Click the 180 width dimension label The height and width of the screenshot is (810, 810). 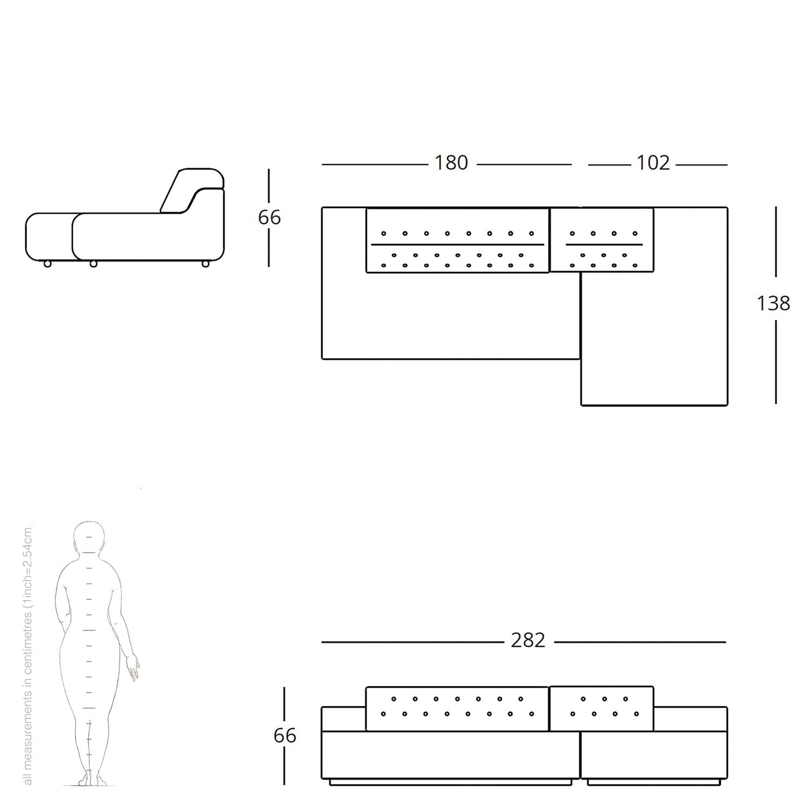(451, 163)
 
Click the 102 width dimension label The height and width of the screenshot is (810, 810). (653, 163)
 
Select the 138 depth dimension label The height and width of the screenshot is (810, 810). (773, 303)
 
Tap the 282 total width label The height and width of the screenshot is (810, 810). (528, 640)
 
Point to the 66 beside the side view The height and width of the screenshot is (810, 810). (269, 218)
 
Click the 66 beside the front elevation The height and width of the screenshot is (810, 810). (285, 736)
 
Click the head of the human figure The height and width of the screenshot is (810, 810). (89, 537)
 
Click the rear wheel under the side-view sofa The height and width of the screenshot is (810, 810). (206, 264)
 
